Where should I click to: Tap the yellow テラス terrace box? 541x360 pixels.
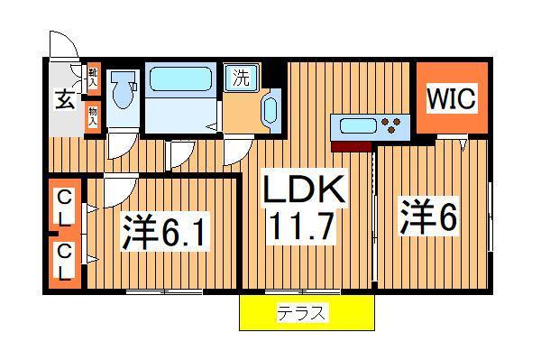306,314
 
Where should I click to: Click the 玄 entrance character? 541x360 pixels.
66,98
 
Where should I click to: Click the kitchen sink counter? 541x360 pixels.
356,125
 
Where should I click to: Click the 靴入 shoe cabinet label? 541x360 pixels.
93,77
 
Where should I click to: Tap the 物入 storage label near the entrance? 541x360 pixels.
93,115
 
